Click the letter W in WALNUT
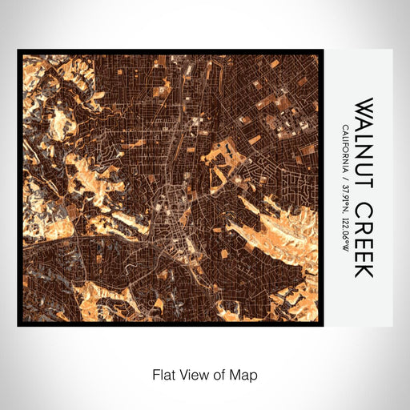point(364,108)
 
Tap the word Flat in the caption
point(163,375)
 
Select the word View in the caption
point(193,375)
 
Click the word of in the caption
point(220,375)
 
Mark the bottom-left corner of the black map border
point(18,324)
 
